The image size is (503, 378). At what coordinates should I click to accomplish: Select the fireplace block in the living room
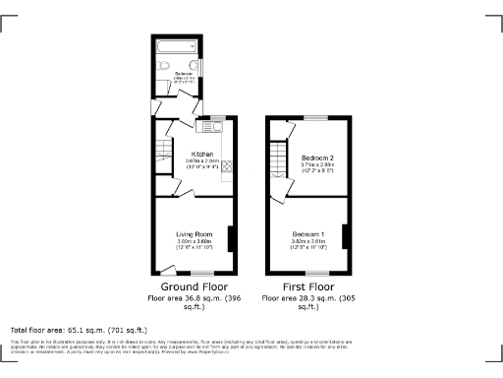click(x=231, y=239)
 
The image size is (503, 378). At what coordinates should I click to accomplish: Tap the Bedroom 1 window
click(x=316, y=273)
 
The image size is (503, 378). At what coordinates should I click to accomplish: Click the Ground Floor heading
click(x=191, y=285)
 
